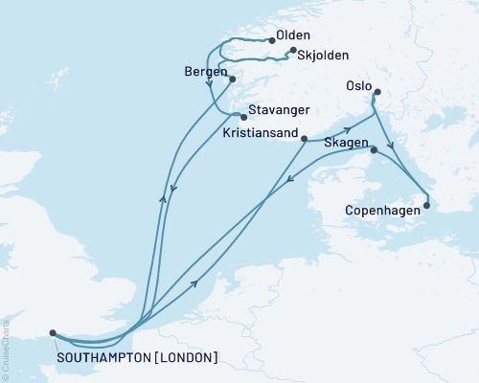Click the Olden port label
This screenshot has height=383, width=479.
pos(292,35)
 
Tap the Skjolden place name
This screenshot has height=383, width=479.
pos(315,56)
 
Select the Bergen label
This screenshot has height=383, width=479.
pos(202,72)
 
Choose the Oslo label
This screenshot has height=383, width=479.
pos(359,85)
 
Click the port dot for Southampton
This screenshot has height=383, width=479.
pos(52,333)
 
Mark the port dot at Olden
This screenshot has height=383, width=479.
pos(268,39)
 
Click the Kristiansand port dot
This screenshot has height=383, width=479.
pos(304,140)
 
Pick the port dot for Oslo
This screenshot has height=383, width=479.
pos(377,93)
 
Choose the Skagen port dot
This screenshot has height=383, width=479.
pos(373,150)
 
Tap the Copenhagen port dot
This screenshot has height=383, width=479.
pos(426,204)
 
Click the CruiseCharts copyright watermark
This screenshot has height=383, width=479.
pos(8,350)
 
